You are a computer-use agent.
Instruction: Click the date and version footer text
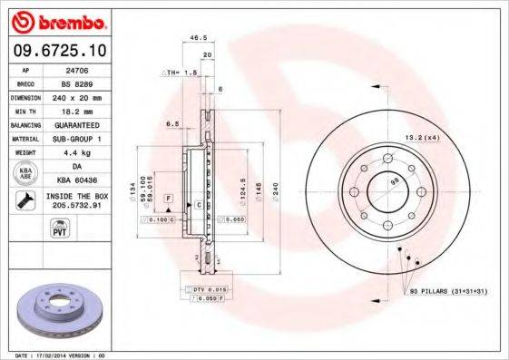pos(61,355)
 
